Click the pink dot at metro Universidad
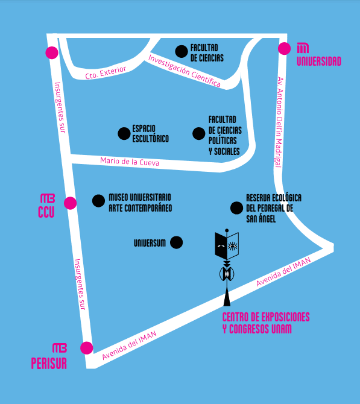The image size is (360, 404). (x=284, y=48)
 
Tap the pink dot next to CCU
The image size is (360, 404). (x=70, y=203)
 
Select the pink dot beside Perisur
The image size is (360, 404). (x=87, y=348)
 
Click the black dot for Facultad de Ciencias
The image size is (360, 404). (x=182, y=51)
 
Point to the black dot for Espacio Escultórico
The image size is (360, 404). (x=124, y=133)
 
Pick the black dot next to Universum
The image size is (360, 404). (x=177, y=242)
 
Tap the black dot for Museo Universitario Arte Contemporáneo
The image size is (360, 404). (x=98, y=201)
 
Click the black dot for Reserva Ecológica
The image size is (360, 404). (x=236, y=208)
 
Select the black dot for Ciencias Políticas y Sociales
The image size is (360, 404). (x=198, y=133)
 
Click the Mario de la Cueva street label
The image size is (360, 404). (x=130, y=162)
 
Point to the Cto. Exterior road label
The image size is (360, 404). (x=106, y=72)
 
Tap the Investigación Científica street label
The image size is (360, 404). (x=185, y=71)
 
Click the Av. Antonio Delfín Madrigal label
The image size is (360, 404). (x=279, y=122)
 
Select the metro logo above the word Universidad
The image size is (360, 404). (x=303, y=48)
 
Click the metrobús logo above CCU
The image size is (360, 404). (x=48, y=198)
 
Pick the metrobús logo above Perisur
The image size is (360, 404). (x=60, y=348)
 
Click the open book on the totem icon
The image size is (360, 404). (x=227, y=245)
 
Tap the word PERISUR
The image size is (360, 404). (x=49, y=363)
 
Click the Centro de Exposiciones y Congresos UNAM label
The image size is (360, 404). (x=266, y=323)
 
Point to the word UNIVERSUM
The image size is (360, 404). (x=150, y=243)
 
